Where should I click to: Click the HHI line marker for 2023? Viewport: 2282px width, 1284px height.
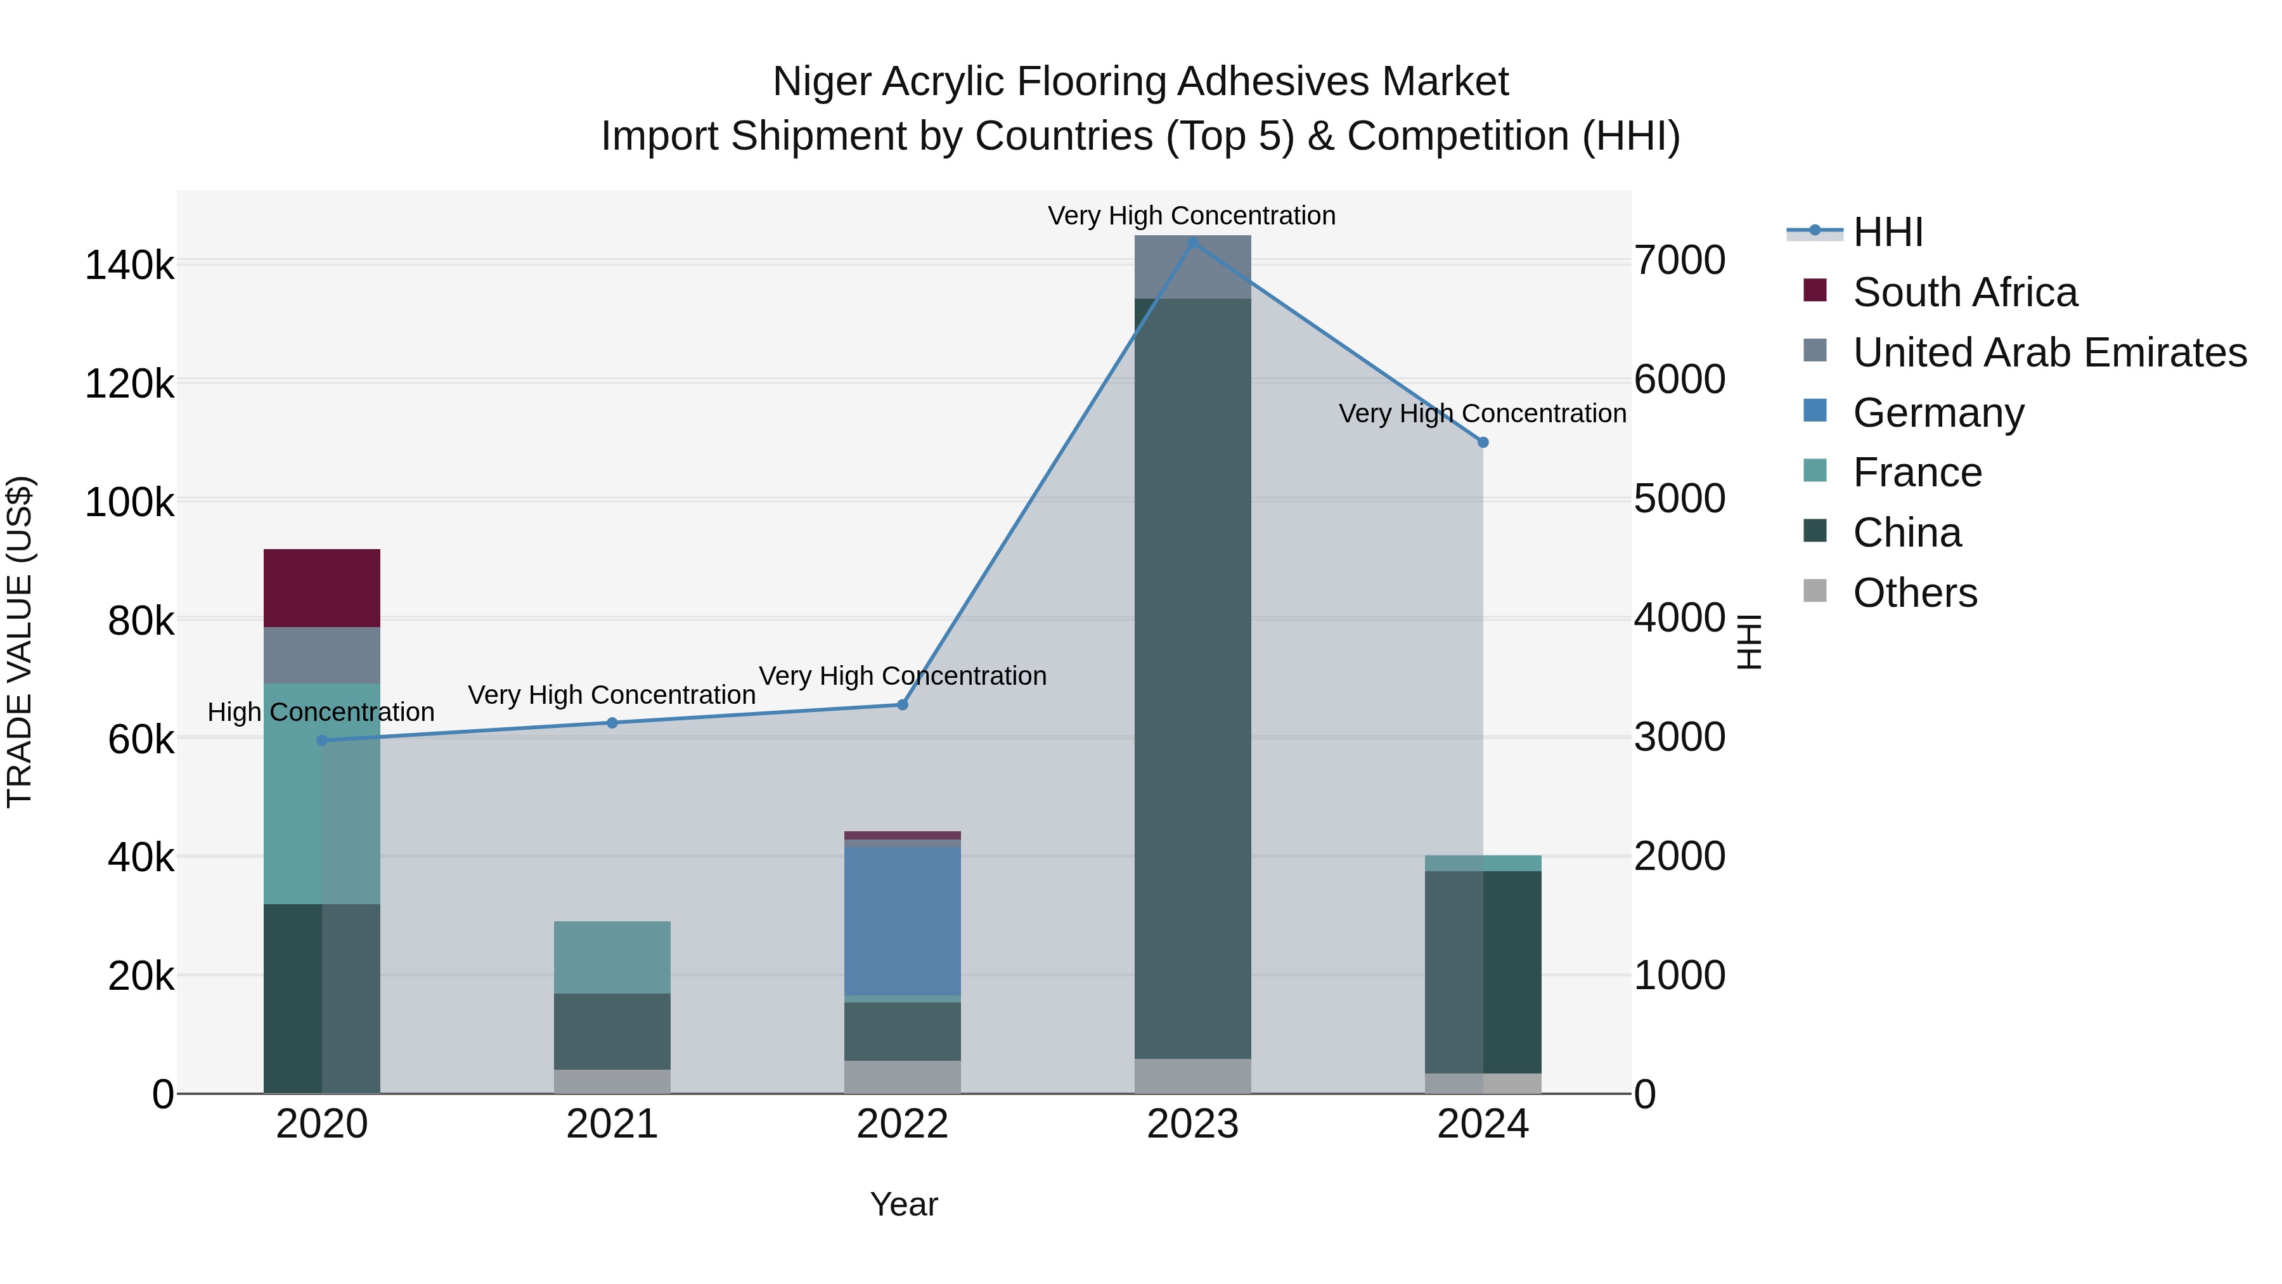tap(1192, 242)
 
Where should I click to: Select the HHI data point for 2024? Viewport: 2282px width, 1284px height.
tap(1483, 442)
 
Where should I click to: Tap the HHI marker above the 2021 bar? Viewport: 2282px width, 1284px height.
tap(612, 723)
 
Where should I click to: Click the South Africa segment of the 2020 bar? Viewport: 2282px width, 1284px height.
tap(321, 588)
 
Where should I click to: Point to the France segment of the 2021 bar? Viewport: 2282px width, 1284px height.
tap(612, 957)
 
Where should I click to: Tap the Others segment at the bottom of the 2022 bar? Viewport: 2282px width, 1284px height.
tap(902, 1077)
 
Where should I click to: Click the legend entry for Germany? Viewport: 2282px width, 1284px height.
tap(1938, 413)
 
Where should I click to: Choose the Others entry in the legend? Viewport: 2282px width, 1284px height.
tap(1914, 593)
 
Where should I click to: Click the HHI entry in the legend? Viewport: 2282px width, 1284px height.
tap(1887, 232)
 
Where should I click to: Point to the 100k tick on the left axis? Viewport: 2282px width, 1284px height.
tap(129, 502)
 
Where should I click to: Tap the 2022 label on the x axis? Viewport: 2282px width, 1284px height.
tap(902, 1124)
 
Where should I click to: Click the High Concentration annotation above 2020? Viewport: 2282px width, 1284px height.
tap(321, 711)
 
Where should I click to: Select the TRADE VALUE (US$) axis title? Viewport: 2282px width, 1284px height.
tap(20, 642)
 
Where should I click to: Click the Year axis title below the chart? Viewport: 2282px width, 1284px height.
tap(903, 1204)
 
